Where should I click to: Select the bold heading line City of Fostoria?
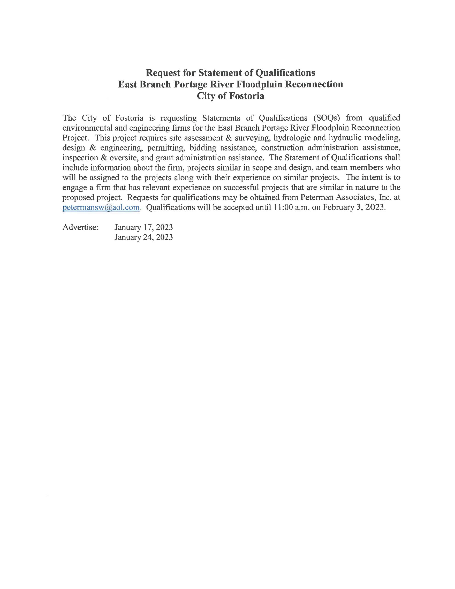(230, 96)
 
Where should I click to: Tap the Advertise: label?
(80, 227)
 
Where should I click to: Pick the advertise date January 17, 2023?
(144, 227)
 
